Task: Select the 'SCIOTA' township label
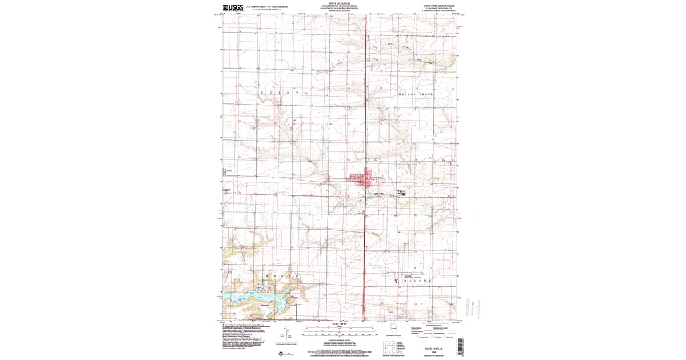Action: [284, 92]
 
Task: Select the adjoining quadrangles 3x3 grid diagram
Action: [392, 347]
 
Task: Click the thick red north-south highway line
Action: [365, 114]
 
